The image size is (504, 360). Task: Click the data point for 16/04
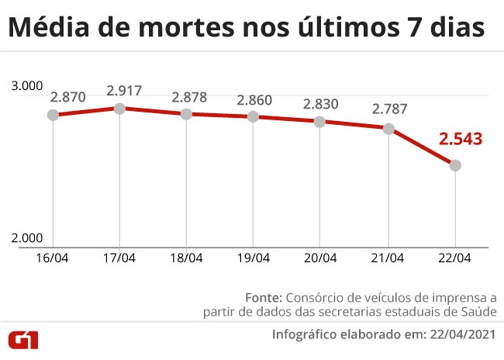coord(53,115)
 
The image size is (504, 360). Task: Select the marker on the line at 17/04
coord(119,108)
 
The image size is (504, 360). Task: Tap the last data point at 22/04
coord(456,165)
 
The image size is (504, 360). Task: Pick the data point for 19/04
coord(254,116)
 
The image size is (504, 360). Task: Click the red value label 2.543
coord(461,140)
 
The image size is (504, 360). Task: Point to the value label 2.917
coord(124,91)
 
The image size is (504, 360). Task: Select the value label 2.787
coord(389,109)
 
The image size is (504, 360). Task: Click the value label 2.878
coord(191,98)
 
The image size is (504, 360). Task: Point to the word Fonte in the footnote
coord(264,297)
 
